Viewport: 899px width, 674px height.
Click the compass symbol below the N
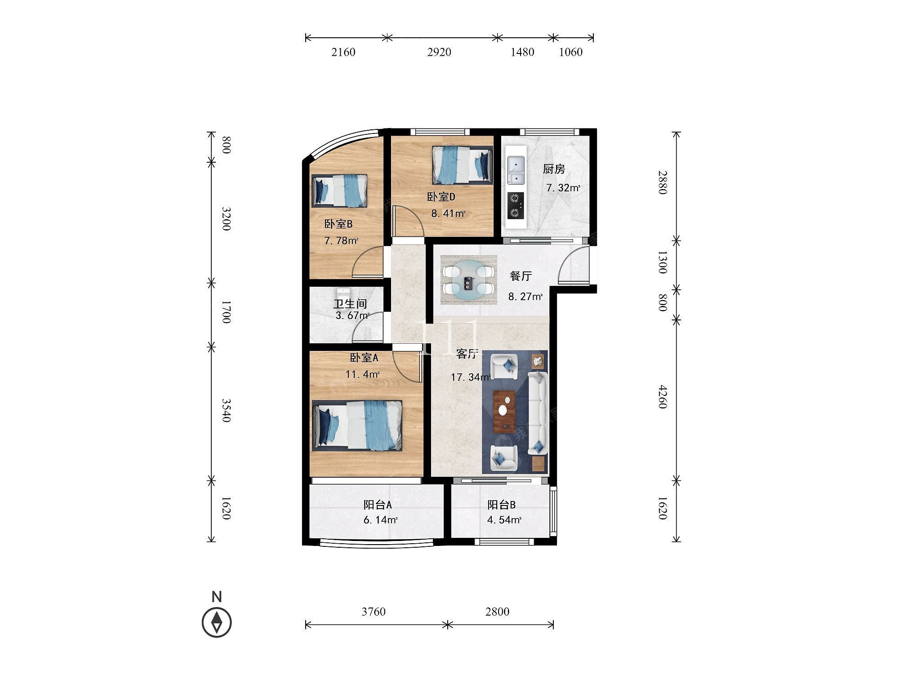[x=217, y=622]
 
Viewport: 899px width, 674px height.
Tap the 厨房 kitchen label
[x=554, y=169]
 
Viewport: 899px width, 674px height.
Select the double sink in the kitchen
[x=516, y=170]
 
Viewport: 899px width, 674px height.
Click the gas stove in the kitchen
[x=516, y=206]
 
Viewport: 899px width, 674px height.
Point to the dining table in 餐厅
[x=468, y=280]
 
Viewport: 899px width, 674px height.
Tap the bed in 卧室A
[x=357, y=425]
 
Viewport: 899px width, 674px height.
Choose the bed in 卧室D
[x=462, y=165]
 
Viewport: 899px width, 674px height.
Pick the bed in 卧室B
[x=339, y=191]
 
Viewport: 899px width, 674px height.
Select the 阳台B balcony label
[x=502, y=505]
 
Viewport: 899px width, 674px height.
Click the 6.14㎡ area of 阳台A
[x=380, y=520]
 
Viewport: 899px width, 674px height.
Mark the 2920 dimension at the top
[x=439, y=52]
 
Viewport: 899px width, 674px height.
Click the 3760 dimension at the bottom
[x=374, y=612]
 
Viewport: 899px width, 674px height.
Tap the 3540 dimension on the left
[x=226, y=410]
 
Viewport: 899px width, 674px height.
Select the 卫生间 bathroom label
[x=350, y=304]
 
